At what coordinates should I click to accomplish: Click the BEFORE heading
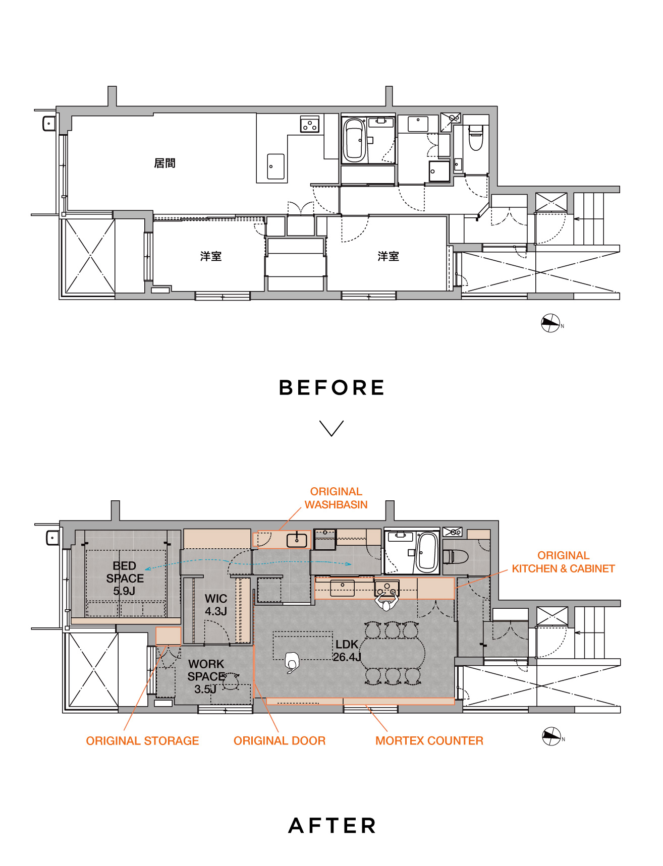332,387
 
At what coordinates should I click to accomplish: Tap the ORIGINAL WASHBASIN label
336,498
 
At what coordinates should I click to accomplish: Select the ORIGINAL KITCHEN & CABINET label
563,562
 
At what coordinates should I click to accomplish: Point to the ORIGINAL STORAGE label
142,740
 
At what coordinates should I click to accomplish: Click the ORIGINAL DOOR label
280,740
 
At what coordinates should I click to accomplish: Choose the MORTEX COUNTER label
429,740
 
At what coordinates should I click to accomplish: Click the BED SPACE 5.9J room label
125,578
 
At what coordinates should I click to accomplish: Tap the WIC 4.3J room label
216,605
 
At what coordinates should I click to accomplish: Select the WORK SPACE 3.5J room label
206,676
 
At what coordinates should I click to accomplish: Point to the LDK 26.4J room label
347,651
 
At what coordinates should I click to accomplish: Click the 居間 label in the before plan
164,163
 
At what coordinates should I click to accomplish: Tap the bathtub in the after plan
427,552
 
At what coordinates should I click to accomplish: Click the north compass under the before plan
551,323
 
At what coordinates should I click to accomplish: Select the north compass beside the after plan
552,736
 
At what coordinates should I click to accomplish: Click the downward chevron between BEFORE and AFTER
332,428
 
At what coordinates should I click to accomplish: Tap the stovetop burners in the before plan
310,124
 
